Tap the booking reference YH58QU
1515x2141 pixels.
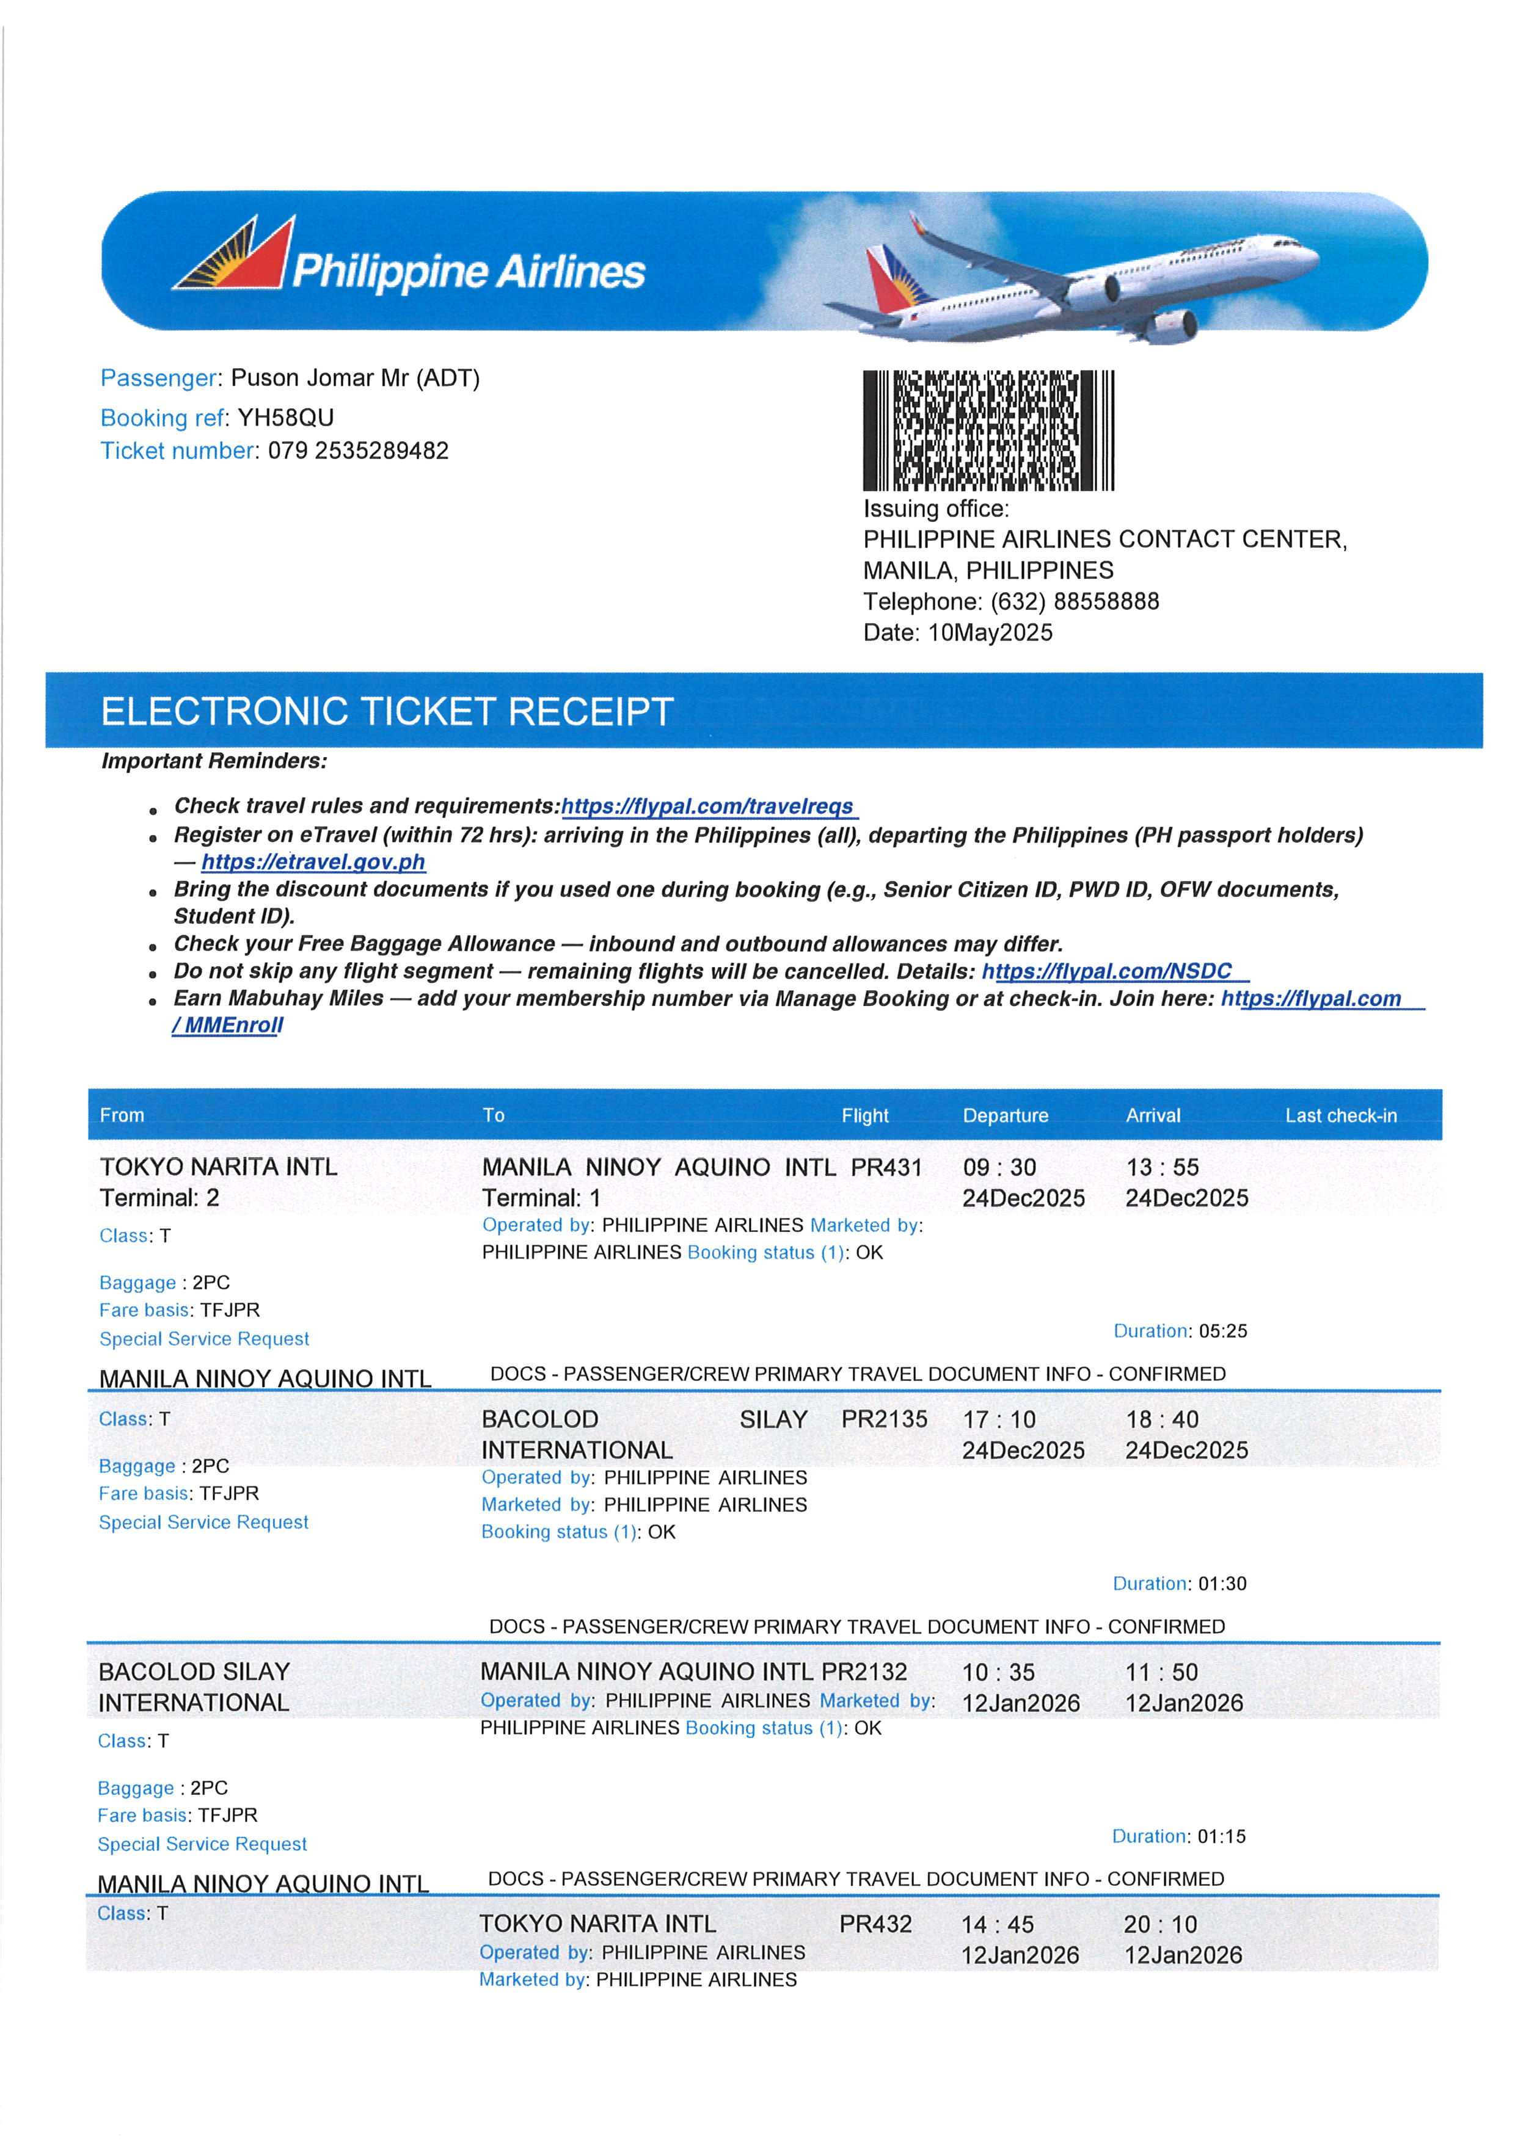(285, 417)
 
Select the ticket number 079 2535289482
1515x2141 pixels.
(358, 451)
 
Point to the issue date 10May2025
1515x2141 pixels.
(990, 632)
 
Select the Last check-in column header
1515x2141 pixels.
(1340, 1115)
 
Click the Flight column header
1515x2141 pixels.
(865, 1115)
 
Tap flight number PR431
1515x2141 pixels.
(886, 1167)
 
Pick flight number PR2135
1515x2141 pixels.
(885, 1419)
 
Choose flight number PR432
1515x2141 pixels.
(875, 1924)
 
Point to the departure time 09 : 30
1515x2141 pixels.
(999, 1167)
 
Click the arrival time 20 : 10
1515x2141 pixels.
(1161, 1924)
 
